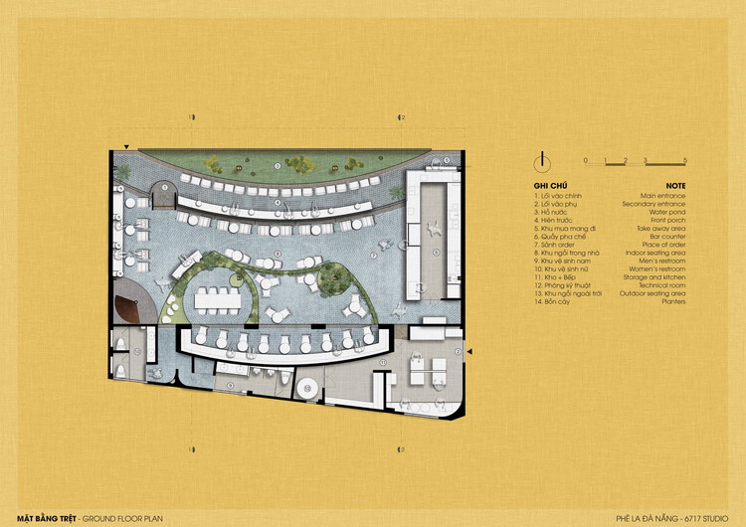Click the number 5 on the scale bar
pos(685,159)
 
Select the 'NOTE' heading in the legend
pos(675,185)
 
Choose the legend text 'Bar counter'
pos(668,237)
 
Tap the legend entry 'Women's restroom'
pos(658,269)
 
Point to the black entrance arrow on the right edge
pos(470,351)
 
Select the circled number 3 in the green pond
pos(276,165)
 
